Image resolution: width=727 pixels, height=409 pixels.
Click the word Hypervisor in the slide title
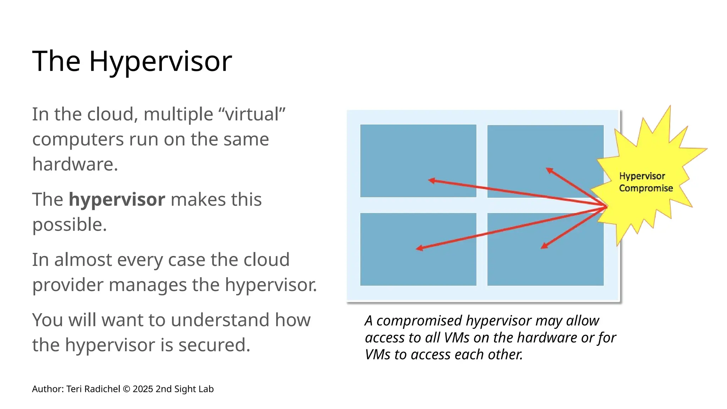coord(160,61)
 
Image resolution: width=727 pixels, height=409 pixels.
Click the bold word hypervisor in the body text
coord(117,200)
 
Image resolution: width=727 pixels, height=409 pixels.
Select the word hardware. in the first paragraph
coord(75,164)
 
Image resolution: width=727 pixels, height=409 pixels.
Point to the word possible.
coord(70,225)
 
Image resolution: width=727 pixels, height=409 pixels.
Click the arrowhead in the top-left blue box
coord(431,181)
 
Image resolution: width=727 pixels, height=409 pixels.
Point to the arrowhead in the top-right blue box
coord(549,170)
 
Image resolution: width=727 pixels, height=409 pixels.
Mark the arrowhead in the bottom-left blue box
coord(419,248)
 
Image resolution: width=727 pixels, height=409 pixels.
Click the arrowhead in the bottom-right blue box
coord(544,246)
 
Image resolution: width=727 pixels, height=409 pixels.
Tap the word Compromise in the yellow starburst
coord(646,188)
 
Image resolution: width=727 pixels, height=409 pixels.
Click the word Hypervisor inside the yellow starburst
coord(642,176)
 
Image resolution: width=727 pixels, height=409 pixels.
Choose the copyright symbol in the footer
coord(126,389)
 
